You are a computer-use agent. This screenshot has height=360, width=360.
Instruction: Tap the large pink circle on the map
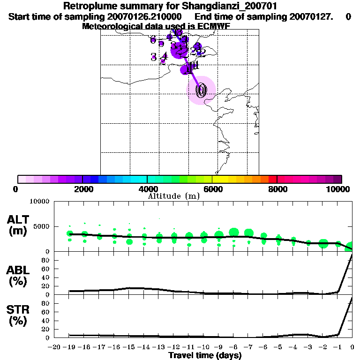[x=202, y=90]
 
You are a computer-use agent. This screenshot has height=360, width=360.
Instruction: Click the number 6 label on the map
[x=153, y=40]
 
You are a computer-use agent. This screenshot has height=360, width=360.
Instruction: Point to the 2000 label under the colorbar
[x=82, y=189]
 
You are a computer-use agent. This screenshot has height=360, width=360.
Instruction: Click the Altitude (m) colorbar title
[x=173, y=196]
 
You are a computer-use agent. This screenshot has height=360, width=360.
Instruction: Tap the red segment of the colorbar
[x=272, y=179]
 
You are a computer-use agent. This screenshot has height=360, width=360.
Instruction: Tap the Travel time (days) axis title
[x=205, y=356]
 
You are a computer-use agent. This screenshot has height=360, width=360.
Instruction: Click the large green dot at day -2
[x=323, y=243]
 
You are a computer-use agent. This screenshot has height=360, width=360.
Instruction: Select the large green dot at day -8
[x=234, y=232]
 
